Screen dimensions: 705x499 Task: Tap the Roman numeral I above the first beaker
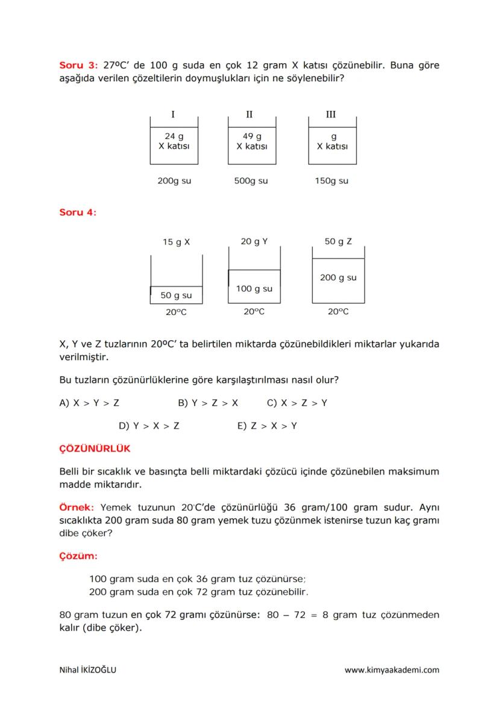[174, 114]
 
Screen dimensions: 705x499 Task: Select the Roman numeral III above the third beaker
[330, 114]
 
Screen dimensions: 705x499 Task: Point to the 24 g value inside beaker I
[174, 137]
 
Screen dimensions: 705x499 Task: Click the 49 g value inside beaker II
[252, 137]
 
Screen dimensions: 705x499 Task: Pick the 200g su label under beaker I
[174, 181]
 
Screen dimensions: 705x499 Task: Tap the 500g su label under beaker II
[251, 181]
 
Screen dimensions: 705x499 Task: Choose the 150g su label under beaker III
[331, 181]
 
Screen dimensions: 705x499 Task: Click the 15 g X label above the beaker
[176, 242]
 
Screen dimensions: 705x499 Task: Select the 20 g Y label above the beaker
[254, 241]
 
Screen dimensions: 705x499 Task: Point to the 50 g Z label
[338, 241]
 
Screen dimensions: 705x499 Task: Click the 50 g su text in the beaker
[176, 295]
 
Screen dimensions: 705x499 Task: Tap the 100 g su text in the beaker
[254, 288]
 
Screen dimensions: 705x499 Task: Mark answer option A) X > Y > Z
[89, 403]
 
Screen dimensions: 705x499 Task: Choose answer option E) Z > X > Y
[267, 426]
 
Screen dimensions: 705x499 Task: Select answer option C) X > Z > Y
[297, 403]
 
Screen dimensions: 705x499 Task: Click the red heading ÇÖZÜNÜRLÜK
[95, 449]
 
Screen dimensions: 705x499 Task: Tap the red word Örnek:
[77, 507]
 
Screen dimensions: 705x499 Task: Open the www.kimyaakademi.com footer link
[392, 669]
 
